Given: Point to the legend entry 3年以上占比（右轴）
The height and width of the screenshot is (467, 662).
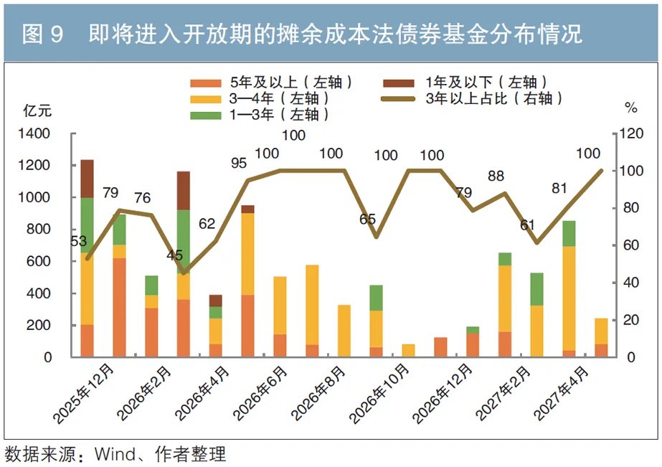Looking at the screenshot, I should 473,99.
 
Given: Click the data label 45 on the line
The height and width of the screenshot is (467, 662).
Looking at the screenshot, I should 175,255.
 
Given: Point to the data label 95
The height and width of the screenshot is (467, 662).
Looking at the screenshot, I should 239,164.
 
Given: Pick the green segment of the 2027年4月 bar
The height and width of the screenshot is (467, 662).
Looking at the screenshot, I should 569,233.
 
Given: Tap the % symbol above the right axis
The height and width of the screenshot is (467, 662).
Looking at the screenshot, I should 631,109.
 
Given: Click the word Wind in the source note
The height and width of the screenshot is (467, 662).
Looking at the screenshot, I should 114,453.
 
